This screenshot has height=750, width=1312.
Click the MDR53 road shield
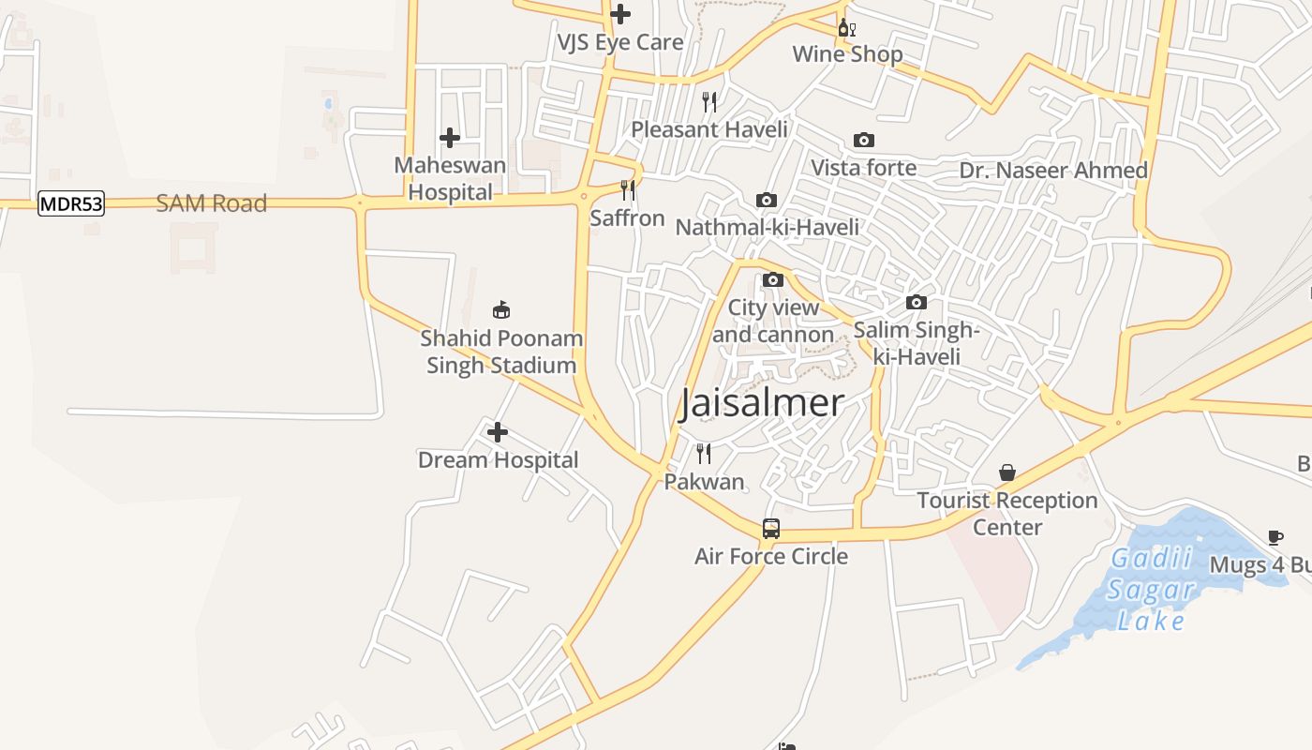(71, 203)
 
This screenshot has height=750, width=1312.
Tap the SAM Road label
(211, 203)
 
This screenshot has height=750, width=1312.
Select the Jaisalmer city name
(762, 403)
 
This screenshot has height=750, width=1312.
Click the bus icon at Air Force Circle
(770, 529)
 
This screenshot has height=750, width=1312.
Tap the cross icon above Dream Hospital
(498, 432)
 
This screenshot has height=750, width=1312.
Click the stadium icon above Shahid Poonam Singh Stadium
(501, 309)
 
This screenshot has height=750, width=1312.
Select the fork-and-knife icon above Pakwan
(704, 454)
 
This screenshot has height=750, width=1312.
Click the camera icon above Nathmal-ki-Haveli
(767, 200)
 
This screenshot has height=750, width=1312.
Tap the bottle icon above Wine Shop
(846, 27)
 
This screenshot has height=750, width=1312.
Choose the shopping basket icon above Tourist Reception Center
(1007, 472)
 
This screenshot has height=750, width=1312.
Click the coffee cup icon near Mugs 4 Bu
(1275, 537)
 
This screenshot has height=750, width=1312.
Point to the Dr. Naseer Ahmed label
(1053, 171)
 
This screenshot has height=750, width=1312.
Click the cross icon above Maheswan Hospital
(450, 138)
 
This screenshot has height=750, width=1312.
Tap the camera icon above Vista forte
(863, 141)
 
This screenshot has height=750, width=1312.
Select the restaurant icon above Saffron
(628, 190)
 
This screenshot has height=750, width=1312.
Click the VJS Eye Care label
(620, 42)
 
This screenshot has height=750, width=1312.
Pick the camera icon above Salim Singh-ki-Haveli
(917, 302)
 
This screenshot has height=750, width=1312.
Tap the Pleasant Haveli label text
(709, 129)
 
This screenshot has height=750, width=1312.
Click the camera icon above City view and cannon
(773, 279)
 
